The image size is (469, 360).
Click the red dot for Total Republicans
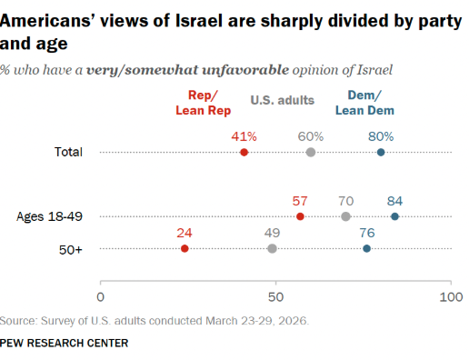coord(244,152)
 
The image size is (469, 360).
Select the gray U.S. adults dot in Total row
coord(311,152)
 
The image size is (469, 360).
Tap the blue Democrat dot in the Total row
coord(381,152)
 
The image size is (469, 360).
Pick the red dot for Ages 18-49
coord(300,216)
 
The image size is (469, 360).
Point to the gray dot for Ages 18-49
coord(345,216)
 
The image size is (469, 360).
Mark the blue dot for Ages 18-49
coord(394,216)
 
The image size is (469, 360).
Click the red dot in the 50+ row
coord(185,249)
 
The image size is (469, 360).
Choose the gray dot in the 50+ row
coord(272,249)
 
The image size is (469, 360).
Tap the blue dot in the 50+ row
coord(366,249)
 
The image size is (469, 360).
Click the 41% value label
coord(244,136)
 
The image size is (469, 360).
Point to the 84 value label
coord(394,201)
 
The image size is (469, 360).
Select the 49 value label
coord(272,233)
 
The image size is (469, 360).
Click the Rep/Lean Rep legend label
coord(204,103)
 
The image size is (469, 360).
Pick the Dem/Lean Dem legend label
coord(364,103)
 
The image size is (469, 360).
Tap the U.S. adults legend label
coord(283,100)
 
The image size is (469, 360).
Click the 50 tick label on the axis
coord(275,297)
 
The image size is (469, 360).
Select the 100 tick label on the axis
coord(451,297)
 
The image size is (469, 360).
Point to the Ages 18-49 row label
coord(49,216)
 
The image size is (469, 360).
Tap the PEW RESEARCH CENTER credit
coord(64,343)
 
